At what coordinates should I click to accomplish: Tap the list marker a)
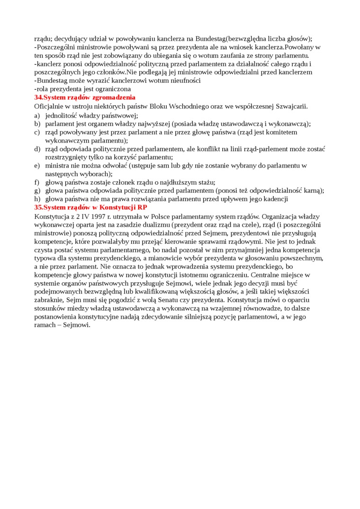37,115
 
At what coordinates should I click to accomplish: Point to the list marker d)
37,149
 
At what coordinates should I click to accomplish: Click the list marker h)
37,199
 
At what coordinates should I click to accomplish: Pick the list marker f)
37,182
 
